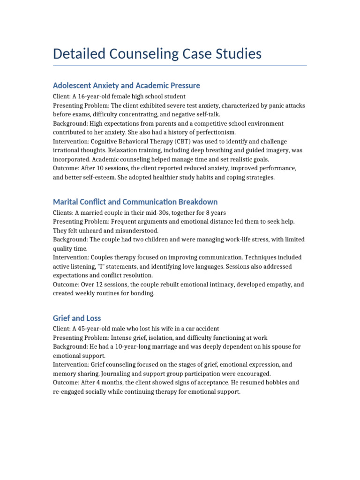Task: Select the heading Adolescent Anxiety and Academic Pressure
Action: coord(127,85)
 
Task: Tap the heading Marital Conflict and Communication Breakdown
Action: coord(135,202)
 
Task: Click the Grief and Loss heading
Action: coord(77,318)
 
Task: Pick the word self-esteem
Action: coord(96,178)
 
